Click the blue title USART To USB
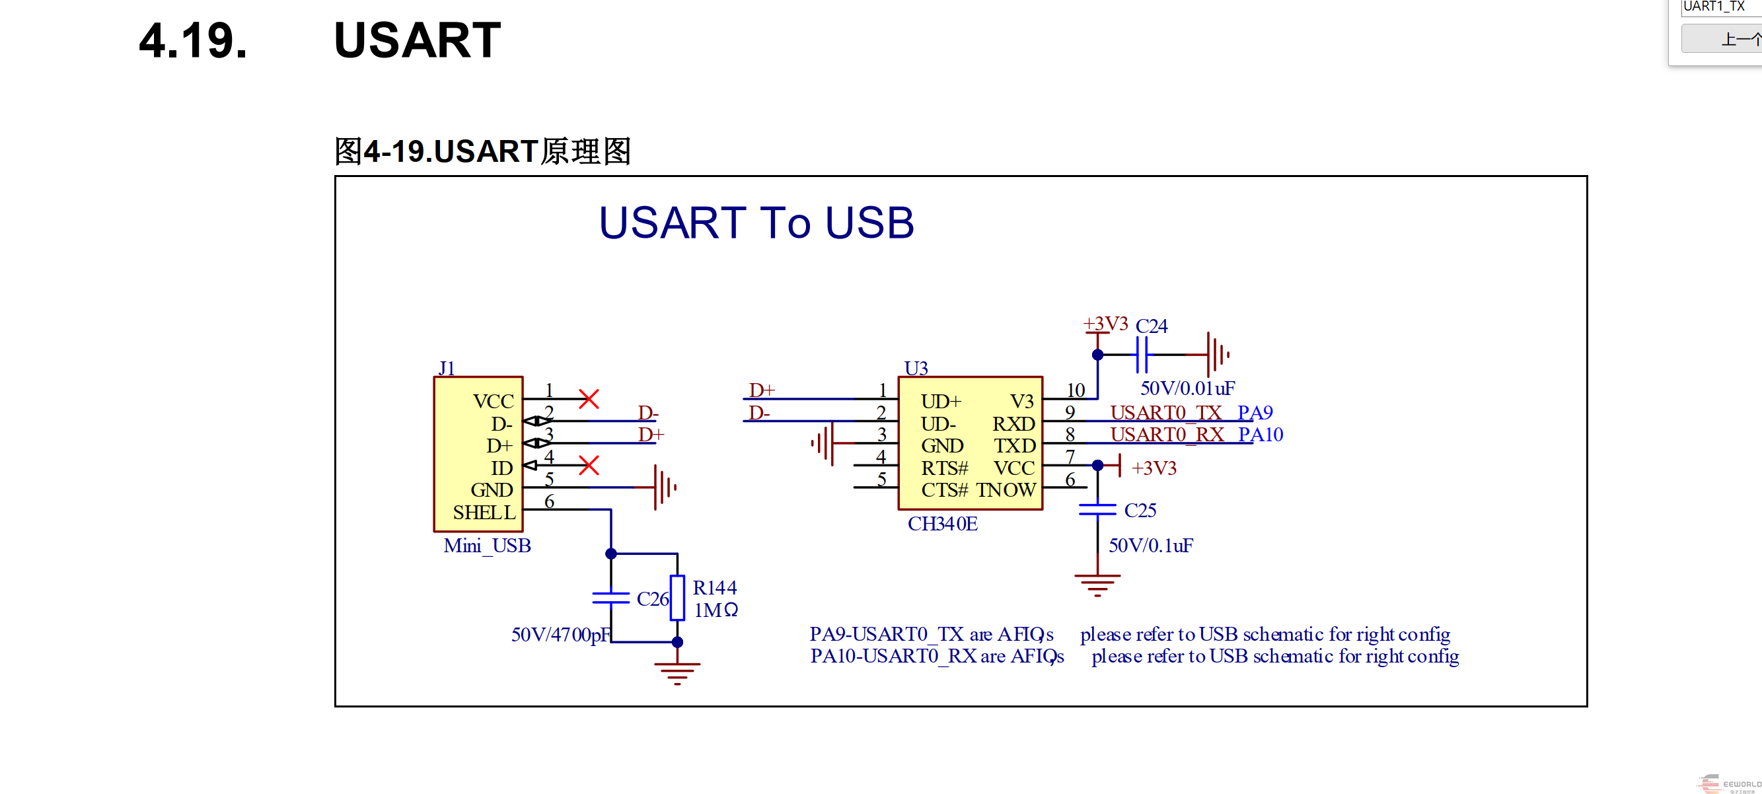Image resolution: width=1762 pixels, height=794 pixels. click(756, 223)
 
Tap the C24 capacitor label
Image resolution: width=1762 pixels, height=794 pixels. click(1151, 326)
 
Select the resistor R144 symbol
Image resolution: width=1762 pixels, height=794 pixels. click(677, 598)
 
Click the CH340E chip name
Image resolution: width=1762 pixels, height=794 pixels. click(942, 524)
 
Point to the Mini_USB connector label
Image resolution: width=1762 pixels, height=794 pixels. click(487, 546)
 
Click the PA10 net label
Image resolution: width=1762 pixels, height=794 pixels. click(1260, 435)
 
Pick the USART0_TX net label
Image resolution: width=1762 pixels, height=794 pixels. click(1165, 413)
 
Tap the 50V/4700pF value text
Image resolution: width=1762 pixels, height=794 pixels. click(560, 635)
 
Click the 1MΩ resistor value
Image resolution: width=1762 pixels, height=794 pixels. click(716, 610)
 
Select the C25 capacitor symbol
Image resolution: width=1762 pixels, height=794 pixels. click(1097, 510)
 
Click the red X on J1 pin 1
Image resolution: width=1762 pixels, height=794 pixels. click(588, 399)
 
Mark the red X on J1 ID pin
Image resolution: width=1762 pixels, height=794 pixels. click(588, 466)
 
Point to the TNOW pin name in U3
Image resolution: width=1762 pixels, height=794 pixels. click(1006, 490)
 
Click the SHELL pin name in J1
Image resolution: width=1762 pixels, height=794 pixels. click(484, 512)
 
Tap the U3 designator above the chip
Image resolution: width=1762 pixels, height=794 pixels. click(916, 369)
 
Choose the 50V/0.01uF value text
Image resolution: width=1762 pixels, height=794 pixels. click(1187, 388)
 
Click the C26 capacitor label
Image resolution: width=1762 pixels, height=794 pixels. click(652, 599)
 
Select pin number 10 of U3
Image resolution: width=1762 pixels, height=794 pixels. click(1076, 390)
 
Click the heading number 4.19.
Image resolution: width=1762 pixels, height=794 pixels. click(193, 41)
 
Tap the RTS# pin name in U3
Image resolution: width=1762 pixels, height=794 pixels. click(944, 468)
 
